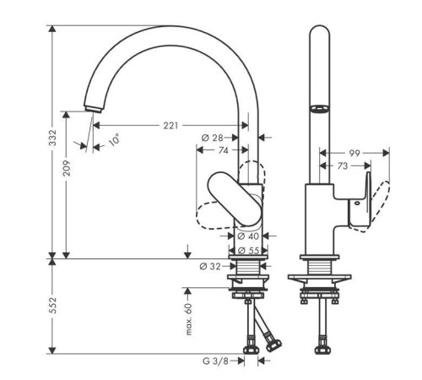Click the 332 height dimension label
click(52, 138)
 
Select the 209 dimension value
click(67, 168)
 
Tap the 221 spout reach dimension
click(170, 126)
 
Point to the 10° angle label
click(114, 139)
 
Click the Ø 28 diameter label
click(213, 138)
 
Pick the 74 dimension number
click(224, 150)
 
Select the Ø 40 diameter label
click(248, 236)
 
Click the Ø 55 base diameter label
click(248, 250)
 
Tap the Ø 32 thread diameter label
click(210, 266)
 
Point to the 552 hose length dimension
click(52, 306)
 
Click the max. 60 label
click(189, 319)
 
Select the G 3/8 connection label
click(215, 361)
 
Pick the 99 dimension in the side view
click(354, 153)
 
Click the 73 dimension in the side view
click(343, 166)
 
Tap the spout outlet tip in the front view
click(93, 110)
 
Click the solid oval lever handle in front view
click(235, 198)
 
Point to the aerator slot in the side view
click(319, 108)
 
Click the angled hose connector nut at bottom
click(273, 345)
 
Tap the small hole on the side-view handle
click(357, 203)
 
